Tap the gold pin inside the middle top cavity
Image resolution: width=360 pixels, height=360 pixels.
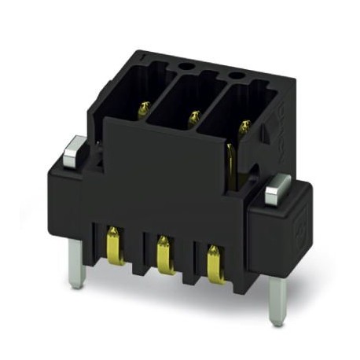[193, 118]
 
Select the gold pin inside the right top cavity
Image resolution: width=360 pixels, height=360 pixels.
[244, 126]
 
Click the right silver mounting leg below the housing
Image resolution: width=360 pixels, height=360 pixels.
[276, 299]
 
